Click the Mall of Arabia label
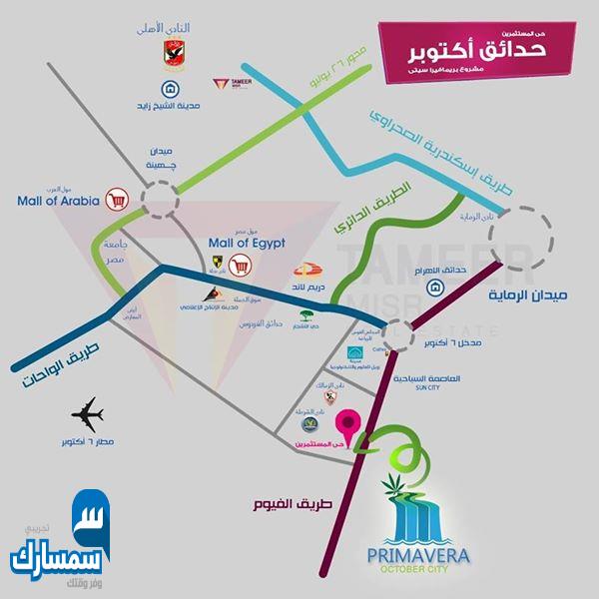tap(59, 200)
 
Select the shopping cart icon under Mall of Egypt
tap(240, 267)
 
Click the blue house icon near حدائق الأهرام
tap(436, 289)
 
